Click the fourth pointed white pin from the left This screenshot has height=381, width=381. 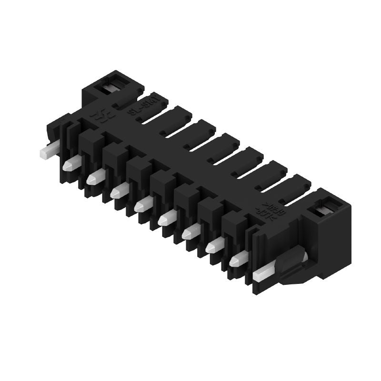(143, 205)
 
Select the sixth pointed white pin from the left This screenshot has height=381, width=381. (190, 232)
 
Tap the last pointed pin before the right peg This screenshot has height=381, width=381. (238, 260)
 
